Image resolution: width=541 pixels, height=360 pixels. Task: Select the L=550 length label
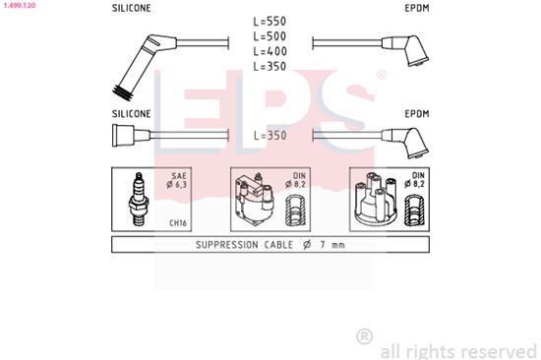pyautogui.click(x=269, y=21)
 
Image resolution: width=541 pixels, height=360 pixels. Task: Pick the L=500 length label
pyautogui.click(x=269, y=35)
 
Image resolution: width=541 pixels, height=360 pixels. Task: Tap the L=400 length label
pyautogui.click(x=269, y=51)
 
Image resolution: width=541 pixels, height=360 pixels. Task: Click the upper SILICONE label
pyautogui.click(x=132, y=7)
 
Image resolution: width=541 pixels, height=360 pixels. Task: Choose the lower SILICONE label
pyautogui.click(x=132, y=113)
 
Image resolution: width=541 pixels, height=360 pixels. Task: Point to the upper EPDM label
pyautogui.click(x=417, y=7)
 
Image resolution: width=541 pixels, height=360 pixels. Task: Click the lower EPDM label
pyautogui.click(x=417, y=113)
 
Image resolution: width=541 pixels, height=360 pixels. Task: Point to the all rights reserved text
pyautogui.click(x=458, y=349)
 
